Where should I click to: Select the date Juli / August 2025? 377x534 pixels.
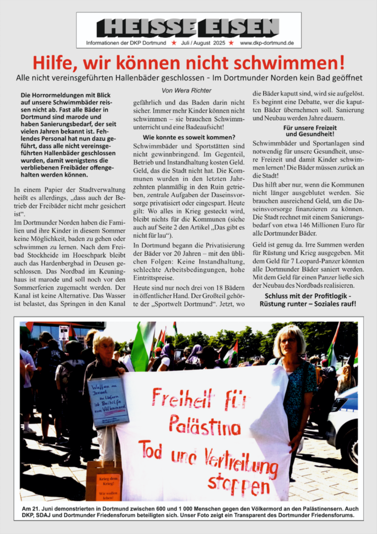[203, 44]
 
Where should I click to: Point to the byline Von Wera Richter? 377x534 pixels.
[186, 90]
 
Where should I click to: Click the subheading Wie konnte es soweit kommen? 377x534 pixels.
[188, 136]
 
